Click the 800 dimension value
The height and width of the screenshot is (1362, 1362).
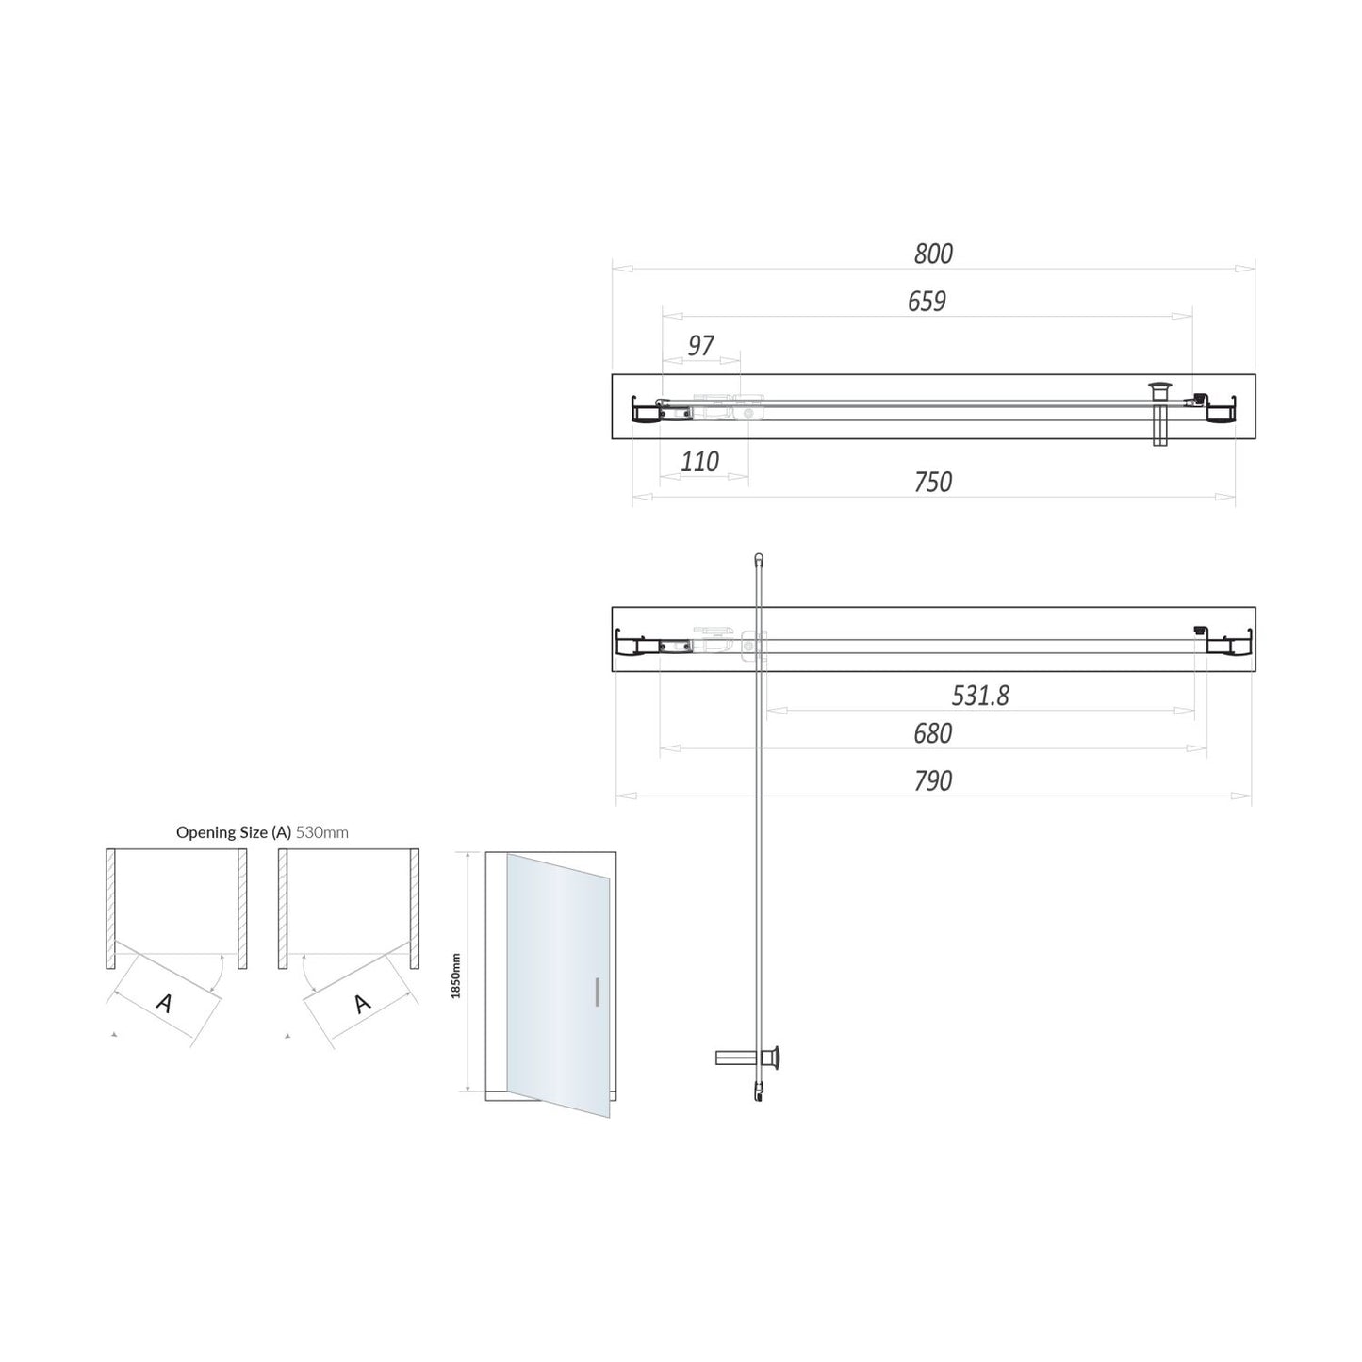[933, 254]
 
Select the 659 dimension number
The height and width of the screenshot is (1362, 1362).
[927, 301]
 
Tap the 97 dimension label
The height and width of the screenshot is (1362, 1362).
[700, 346]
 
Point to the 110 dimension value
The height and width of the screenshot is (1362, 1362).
[699, 462]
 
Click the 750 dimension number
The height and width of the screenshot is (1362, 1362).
[933, 482]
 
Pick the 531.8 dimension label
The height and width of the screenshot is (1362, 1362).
[980, 696]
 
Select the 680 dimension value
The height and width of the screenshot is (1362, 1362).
[932, 733]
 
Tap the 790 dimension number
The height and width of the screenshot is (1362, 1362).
[932, 780]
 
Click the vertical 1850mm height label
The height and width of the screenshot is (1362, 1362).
[456, 975]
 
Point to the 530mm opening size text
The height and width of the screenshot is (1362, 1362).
[322, 832]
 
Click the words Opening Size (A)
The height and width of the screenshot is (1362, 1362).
[234, 832]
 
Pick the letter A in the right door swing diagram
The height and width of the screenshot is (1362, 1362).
[362, 1004]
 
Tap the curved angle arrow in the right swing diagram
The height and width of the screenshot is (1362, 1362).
[304, 971]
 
